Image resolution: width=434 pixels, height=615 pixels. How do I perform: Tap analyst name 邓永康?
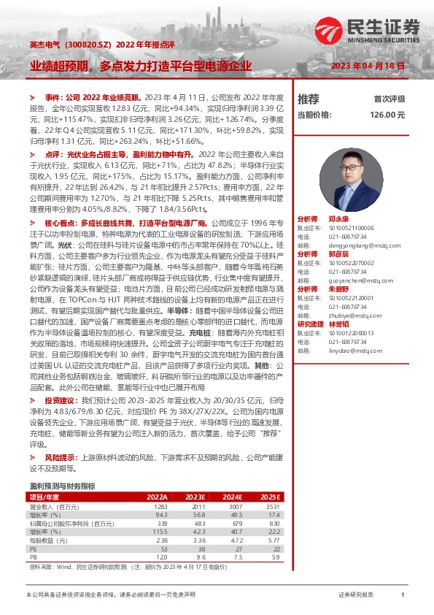(338, 219)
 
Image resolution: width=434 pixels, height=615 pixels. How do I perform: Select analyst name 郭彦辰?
(338, 254)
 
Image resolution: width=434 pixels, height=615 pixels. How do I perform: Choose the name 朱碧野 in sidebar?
(338, 289)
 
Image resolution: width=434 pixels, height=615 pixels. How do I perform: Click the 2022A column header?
(157, 497)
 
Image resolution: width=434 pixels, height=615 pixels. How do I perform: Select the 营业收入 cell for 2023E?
(198, 506)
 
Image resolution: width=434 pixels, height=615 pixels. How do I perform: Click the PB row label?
(33, 557)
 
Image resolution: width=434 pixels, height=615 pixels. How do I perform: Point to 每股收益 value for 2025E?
(274, 540)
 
